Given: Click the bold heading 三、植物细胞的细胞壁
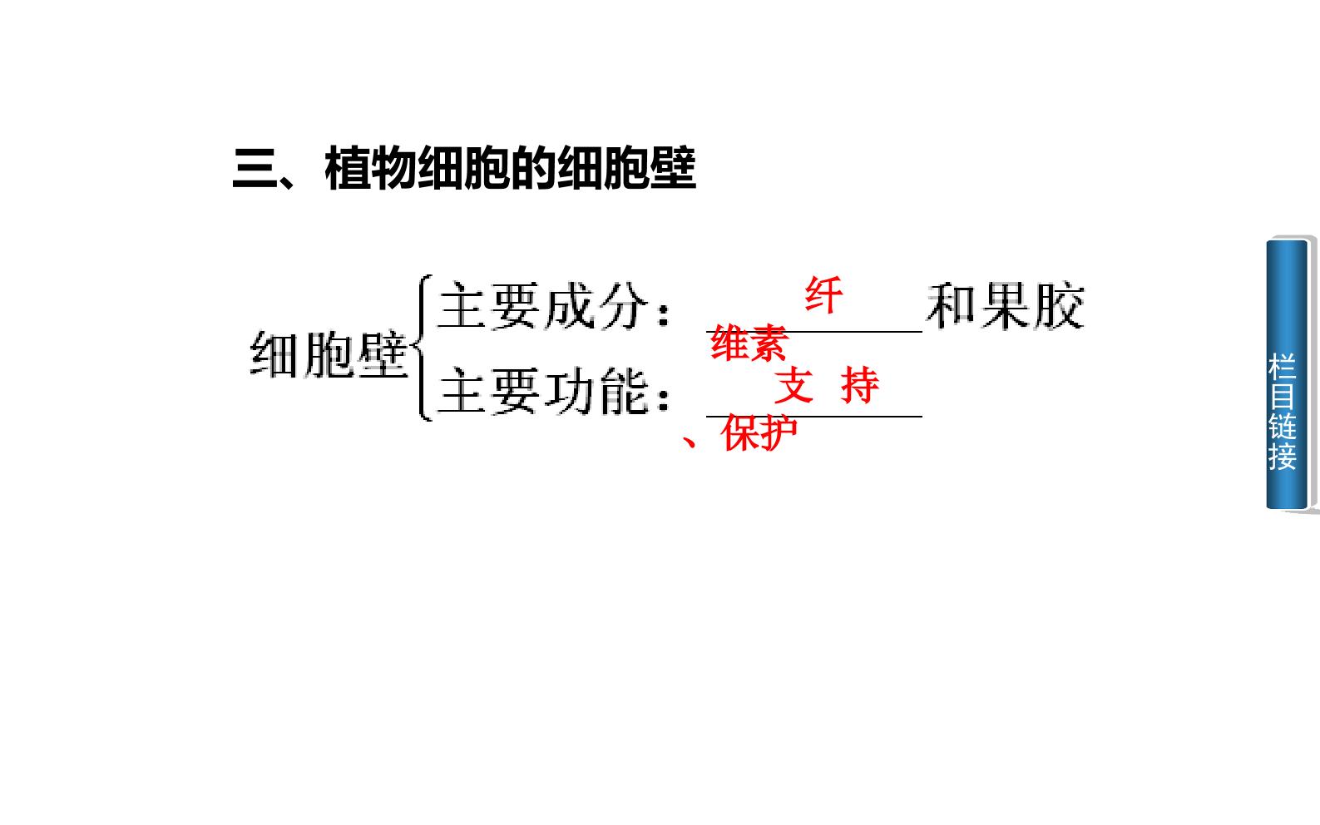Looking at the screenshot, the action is coord(464,169).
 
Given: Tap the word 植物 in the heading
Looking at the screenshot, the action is coord(371,169).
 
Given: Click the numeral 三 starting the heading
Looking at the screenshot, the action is coord(255,169).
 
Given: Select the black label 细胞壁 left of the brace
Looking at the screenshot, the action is coord(329,354).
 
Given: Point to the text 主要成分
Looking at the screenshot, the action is coord(543,305).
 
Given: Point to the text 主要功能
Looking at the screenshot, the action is coord(543,390).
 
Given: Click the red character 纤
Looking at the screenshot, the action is coord(823,294).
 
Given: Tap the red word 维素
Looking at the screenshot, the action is coord(749,343).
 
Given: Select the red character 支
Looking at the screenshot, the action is coord(793,385).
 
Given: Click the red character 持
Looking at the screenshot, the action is coord(860,385).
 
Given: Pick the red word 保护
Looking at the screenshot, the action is coord(759,432).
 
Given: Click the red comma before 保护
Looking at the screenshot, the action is coord(690,442).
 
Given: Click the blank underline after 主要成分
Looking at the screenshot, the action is coord(813,332).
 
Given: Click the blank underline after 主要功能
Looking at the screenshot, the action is coord(813,417).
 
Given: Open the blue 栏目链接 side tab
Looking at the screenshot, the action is coord(1287,375).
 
